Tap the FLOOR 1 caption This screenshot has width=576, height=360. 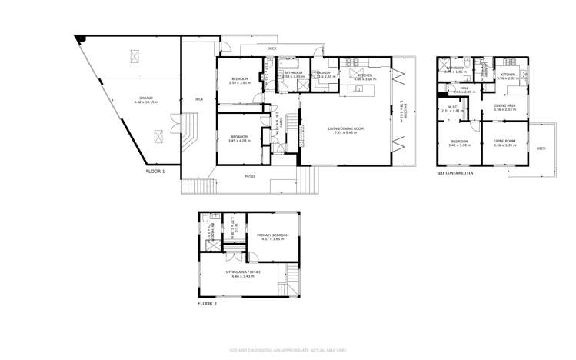[x=155, y=171]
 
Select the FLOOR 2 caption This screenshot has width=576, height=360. [x=207, y=304]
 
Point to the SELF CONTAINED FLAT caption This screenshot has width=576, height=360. [x=455, y=173]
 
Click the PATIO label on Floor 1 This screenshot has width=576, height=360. [x=250, y=177]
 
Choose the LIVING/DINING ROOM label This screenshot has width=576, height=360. [x=342, y=128]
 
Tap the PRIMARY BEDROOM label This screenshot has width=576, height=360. [x=273, y=235]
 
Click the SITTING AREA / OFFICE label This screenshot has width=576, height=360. [x=243, y=272]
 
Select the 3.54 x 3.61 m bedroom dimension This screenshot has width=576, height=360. [x=240, y=83]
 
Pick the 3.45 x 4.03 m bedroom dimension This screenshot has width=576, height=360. [x=240, y=141]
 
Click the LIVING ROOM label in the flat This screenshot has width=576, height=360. [x=504, y=141]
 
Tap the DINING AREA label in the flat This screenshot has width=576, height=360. [x=504, y=105]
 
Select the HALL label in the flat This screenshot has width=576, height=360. [x=464, y=88]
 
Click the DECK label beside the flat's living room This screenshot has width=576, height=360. [x=541, y=148]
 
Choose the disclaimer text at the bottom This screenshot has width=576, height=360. [x=288, y=350]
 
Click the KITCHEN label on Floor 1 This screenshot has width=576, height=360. [x=364, y=75]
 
